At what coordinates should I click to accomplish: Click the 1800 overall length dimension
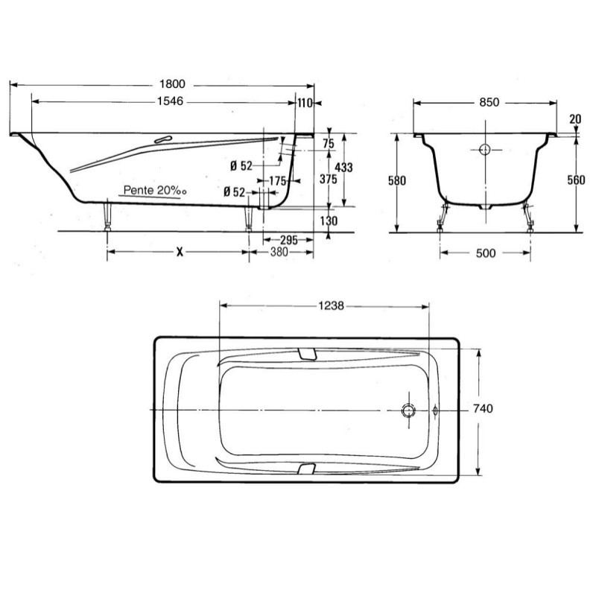coord(172,84)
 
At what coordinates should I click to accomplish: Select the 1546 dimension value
coord(170,101)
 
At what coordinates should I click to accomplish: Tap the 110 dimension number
coord(305,103)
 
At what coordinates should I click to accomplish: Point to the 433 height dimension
coord(344,167)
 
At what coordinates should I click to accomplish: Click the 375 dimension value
coord(328,179)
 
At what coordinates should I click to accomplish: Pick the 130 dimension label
coord(329,221)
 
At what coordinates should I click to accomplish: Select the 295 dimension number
coord(289,240)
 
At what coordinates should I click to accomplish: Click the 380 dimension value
coord(279,252)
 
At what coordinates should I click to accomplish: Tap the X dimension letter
coord(180,252)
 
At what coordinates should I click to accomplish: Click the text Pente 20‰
coord(155,191)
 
